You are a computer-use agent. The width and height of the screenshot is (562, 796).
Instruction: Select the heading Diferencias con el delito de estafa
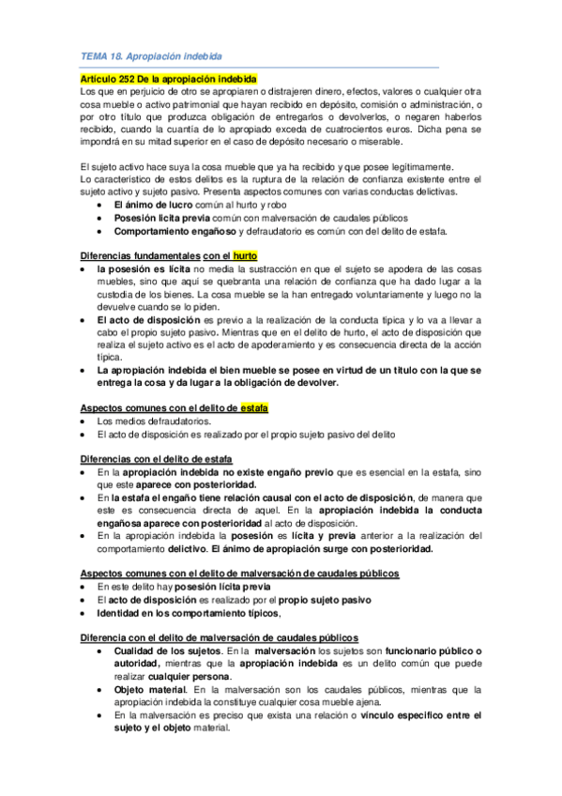(x=157, y=457)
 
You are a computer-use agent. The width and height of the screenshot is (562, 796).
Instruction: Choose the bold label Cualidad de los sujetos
(x=167, y=651)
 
